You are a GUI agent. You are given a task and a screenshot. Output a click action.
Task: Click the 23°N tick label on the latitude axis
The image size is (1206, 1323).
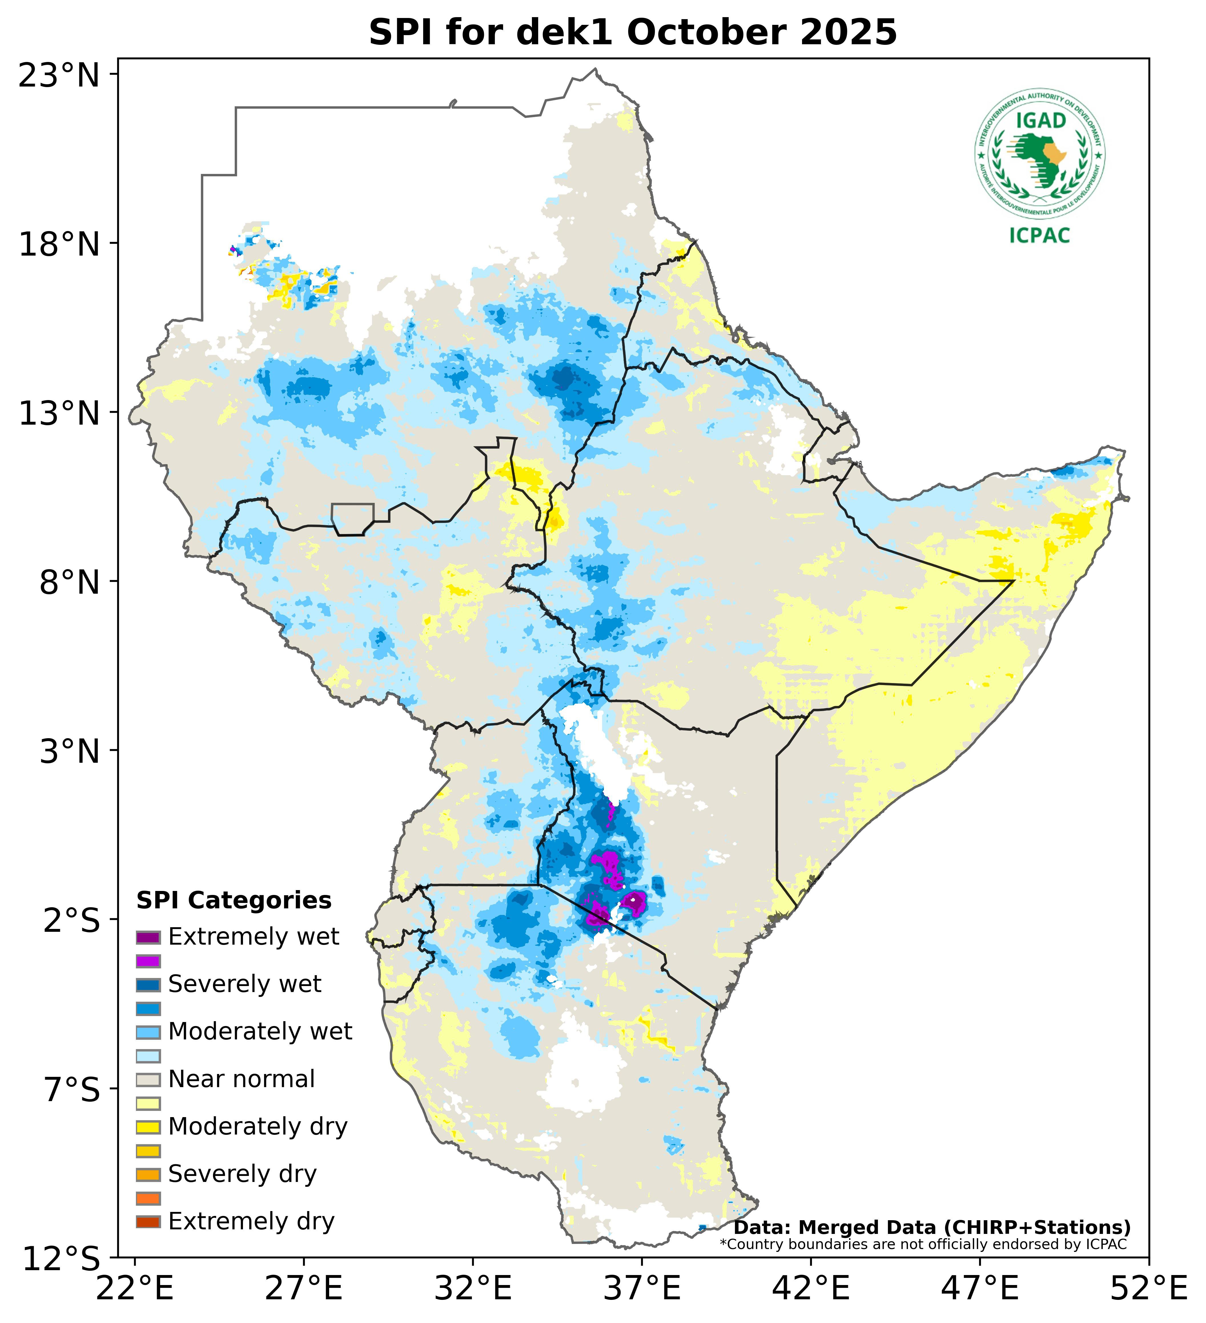point(59,75)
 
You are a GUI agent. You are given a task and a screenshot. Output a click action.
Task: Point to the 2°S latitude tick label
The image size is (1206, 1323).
point(72,920)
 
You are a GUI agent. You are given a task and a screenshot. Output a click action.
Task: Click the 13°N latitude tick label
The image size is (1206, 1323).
point(59,413)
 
